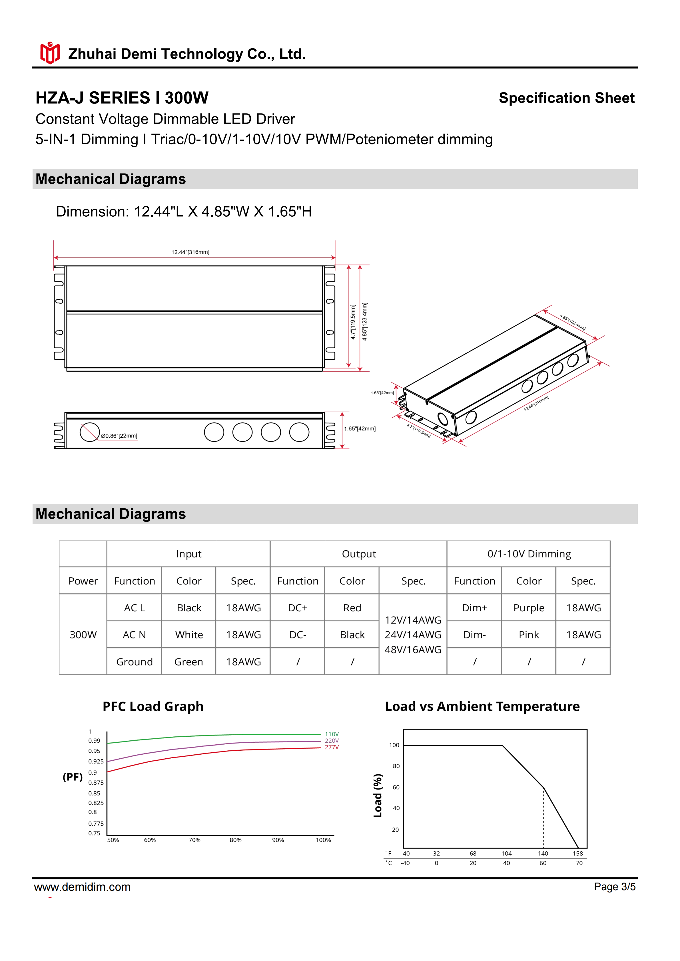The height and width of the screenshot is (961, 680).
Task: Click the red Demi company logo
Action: click(50, 53)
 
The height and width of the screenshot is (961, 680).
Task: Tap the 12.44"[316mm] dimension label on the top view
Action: click(190, 252)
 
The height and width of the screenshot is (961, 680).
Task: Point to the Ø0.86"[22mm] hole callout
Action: click(119, 436)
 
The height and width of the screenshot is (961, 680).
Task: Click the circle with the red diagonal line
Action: click(90, 432)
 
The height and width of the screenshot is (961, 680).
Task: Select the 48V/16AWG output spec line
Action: click(413, 650)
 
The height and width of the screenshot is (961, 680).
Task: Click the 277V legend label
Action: click(332, 747)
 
